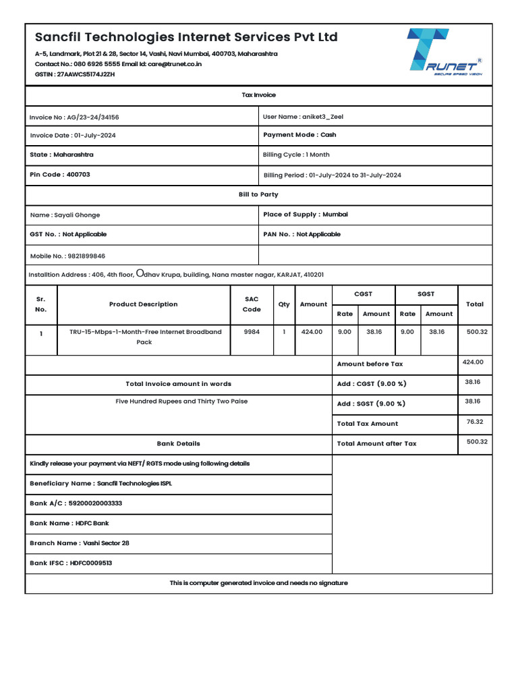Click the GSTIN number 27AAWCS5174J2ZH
click(x=86, y=74)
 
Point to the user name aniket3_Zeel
click(x=322, y=117)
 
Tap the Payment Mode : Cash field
click(x=299, y=135)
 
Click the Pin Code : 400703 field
click(x=60, y=174)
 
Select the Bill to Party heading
click(x=258, y=194)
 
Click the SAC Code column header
click(x=252, y=304)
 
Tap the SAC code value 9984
click(x=252, y=332)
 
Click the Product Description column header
click(x=143, y=304)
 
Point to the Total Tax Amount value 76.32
click(x=474, y=422)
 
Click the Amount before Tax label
click(x=370, y=364)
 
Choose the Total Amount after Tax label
click(x=376, y=444)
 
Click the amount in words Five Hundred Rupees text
click(x=181, y=402)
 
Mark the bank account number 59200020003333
click(x=95, y=503)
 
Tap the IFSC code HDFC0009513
click(x=91, y=563)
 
